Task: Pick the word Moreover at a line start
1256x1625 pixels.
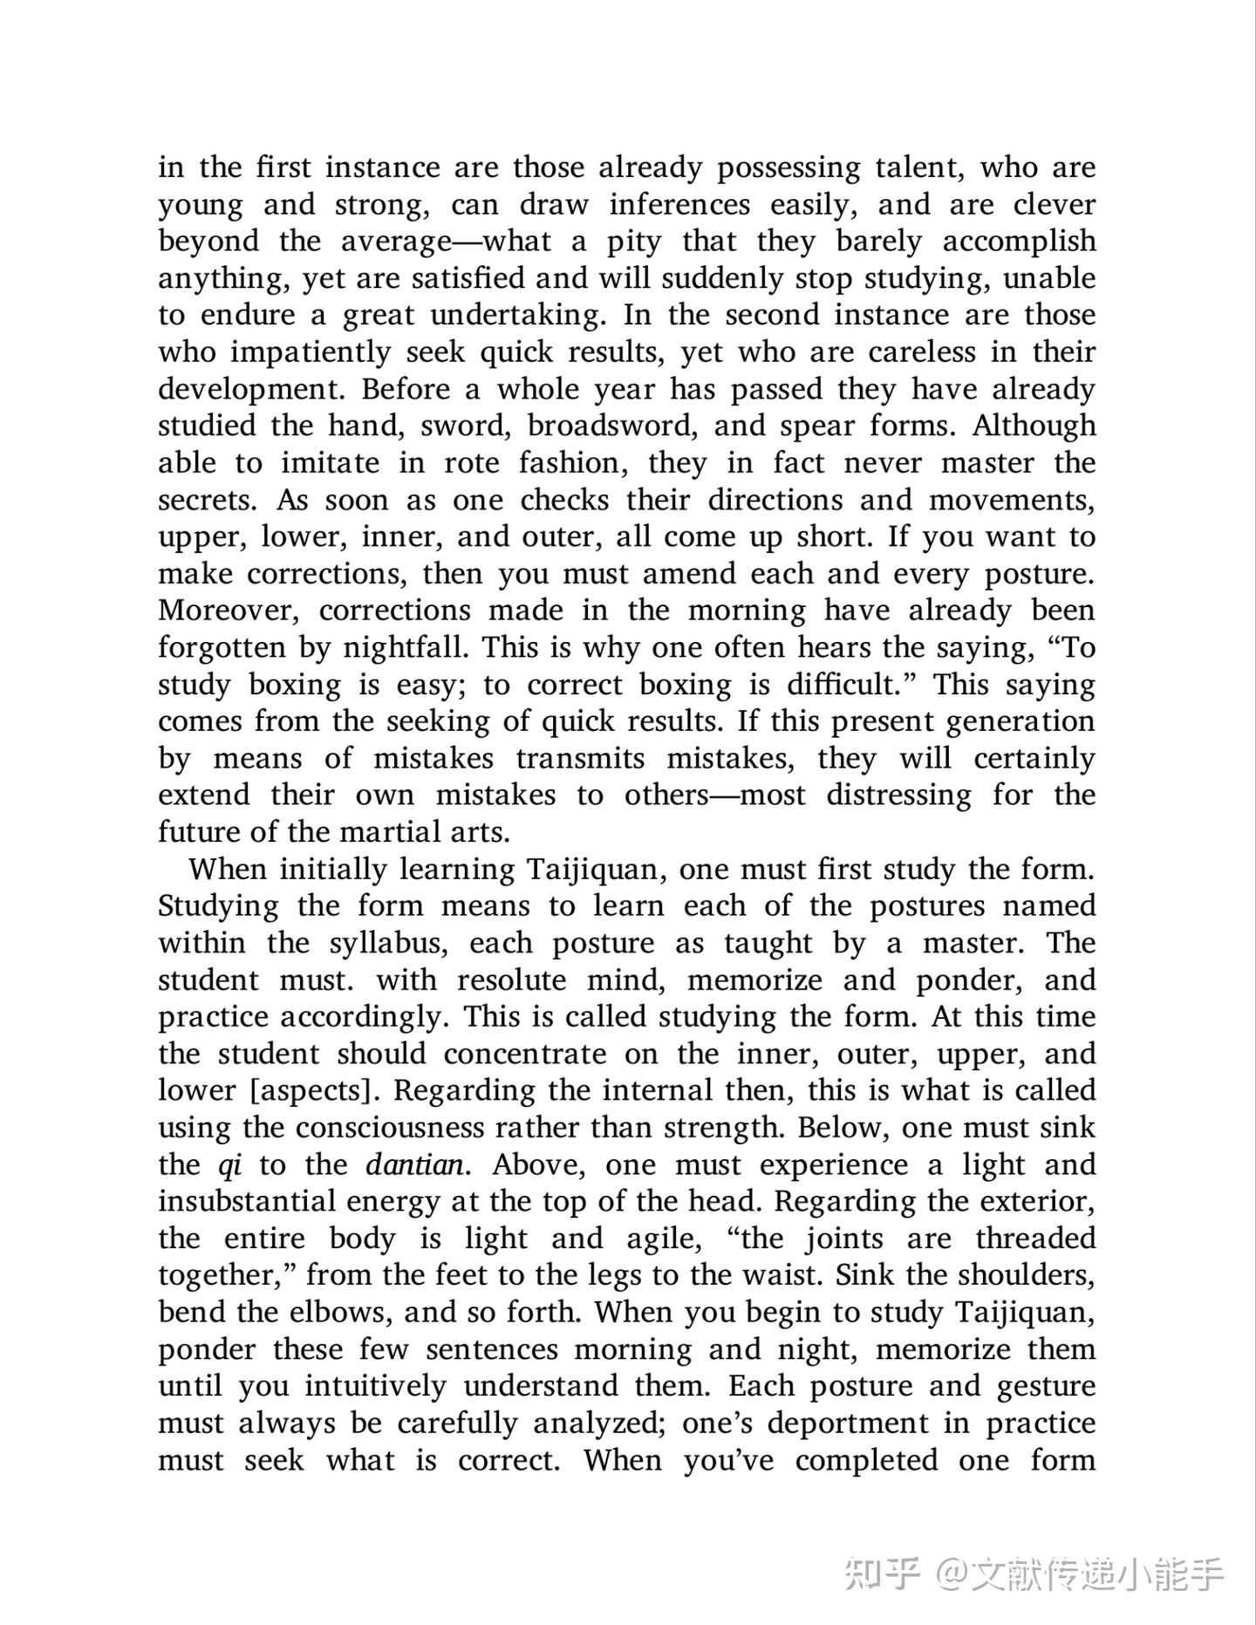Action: click(x=229, y=611)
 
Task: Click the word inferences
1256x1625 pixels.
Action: click(x=679, y=205)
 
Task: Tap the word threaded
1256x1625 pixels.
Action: click(x=1034, y=1239)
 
